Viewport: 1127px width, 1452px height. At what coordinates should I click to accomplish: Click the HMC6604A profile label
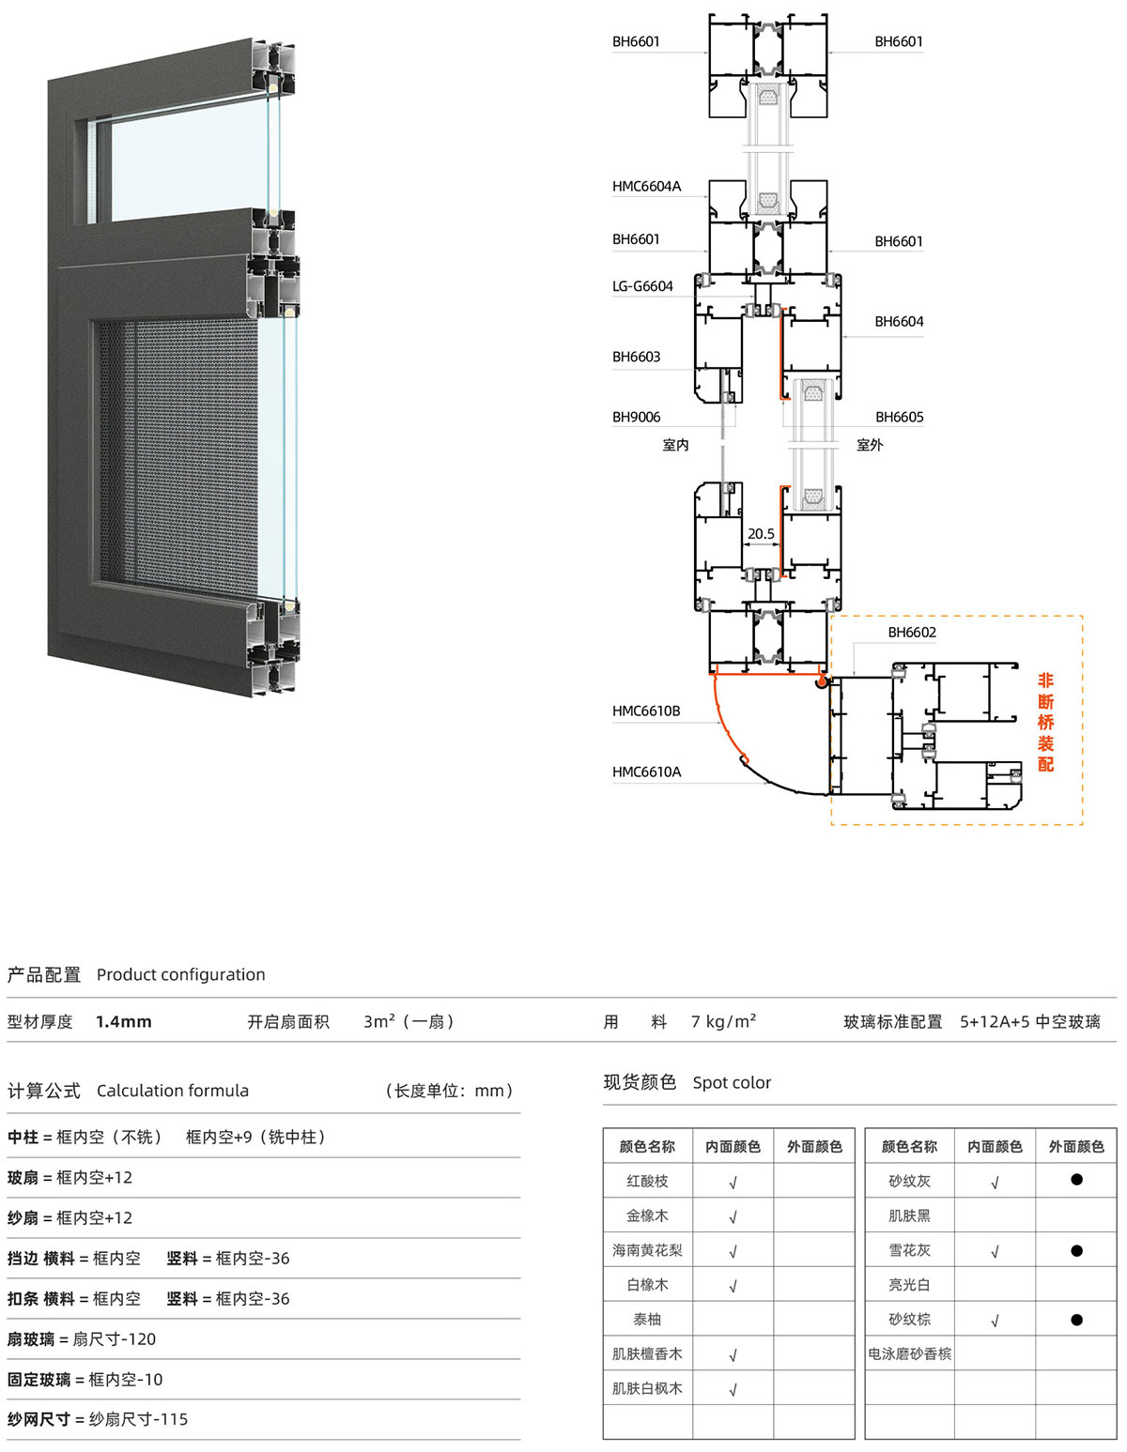[x=646, y=187]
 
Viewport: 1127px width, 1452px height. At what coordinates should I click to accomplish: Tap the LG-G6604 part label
[x=642, y=286]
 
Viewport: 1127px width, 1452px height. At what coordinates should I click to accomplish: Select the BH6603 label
[x=636, y=357]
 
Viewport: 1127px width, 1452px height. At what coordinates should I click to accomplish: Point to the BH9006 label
[x=636, y=417]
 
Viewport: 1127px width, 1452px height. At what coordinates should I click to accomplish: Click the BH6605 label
[x=899, y=417]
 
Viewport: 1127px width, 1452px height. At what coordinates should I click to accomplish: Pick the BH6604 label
[x=899, y=321]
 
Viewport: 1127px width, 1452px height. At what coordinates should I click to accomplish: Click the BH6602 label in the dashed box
[x=912, y=632]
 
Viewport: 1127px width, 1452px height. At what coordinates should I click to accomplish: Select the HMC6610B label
[x=646, y=711]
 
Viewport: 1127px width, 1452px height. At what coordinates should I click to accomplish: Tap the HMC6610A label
[x=646, y=772]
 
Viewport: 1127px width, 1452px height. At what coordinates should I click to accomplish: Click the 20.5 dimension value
[x=761, y=534]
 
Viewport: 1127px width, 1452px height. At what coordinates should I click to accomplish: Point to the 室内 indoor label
[x=675, y=445]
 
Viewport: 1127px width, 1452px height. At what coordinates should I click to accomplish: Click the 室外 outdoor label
[x=869, y=445]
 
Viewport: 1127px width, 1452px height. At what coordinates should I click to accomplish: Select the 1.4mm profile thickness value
[x=124, y=1022]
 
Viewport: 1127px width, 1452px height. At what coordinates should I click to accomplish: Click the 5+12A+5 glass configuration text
[x=995, y=1022]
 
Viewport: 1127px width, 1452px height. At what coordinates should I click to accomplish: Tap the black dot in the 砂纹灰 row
[x=1076, y=1180]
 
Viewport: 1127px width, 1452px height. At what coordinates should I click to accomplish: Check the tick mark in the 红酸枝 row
[x=733, y=1181]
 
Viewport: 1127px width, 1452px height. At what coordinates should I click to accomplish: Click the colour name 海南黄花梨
[x=647, y=1250]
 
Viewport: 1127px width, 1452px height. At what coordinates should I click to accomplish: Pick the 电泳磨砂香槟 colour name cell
[x=909, y=1353]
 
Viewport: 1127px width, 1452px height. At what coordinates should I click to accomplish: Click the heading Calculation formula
[x=173, y=1091]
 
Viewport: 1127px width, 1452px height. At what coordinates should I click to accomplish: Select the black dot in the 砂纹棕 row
[x=1076, y=1319]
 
